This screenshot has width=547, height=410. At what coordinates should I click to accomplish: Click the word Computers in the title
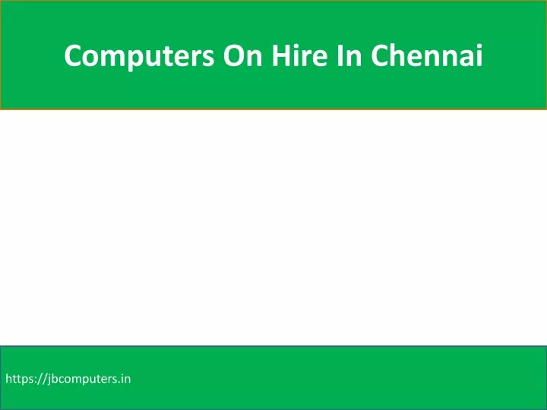[x=139, y=56]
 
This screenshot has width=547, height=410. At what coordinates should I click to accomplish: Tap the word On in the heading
[x=243, y=55]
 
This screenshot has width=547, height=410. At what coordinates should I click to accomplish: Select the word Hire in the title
[x=300, y=55]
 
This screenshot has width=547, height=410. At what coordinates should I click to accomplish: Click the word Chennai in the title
[x=427, y=55]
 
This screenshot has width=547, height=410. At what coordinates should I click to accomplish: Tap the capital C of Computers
[x=73, y=55]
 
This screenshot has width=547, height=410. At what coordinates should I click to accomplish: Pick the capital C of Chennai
[x=381, y=55]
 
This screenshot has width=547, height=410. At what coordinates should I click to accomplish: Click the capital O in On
[x=234, y=55]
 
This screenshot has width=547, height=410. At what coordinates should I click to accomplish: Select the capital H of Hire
[x=282, y=55]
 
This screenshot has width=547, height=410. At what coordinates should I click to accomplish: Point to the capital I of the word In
[x=340, y=55]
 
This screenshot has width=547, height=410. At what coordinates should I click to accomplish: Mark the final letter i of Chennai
[x=480, y=55]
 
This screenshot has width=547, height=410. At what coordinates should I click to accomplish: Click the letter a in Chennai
[x=466, y=58]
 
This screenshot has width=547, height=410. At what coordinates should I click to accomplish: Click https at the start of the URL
[x=21, y=379]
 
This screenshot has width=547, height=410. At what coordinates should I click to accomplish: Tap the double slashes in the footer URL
[x=43, y=379]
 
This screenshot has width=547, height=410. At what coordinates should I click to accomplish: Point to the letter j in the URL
[x=49, y=380]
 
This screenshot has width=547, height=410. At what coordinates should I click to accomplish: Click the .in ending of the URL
[x=125, y=379]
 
